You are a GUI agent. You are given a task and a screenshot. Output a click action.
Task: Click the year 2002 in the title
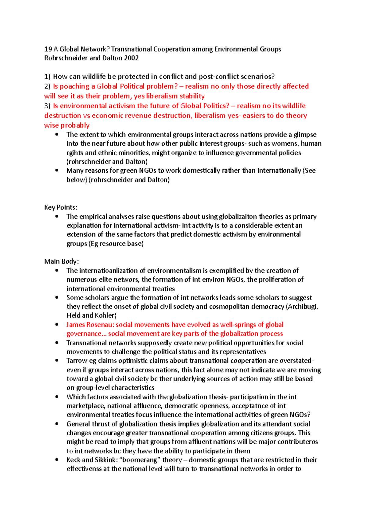[x=131, y=58]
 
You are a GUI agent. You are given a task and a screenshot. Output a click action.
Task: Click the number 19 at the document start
[x=48, y=49]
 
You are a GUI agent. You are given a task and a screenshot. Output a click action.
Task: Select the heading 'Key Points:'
[x=61, y=207]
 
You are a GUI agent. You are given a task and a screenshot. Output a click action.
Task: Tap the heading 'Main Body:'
[x=62, y=261]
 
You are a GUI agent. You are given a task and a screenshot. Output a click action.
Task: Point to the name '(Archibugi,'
[x=302, y=307]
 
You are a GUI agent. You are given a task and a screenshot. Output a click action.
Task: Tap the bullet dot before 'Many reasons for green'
[x=57, y=170]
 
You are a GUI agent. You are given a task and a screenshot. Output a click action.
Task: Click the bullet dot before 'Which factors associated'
[x=57, y=397]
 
